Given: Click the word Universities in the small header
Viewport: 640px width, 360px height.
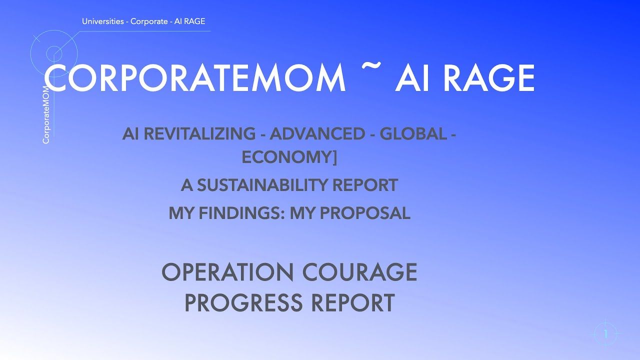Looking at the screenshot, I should tap(103, 21).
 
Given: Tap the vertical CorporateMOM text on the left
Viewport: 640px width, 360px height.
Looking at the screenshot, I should tap(46, 114).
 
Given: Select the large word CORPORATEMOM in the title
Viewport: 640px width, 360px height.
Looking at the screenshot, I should tap(195, 78).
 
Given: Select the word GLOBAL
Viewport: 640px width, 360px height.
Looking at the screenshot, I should tap(413, 134).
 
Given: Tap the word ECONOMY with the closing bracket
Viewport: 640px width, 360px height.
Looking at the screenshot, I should tap(289, 157).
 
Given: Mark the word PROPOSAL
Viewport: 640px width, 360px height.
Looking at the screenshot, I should tap(365, 213).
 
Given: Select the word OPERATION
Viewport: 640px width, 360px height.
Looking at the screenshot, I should tap(227, 272).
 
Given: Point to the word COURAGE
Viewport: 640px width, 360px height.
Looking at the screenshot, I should tap(360, 272).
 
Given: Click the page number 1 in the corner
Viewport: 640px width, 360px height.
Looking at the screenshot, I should tap(606, 333).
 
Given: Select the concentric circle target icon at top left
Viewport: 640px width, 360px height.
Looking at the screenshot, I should tap(54, 53).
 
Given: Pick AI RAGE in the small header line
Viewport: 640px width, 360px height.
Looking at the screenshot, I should tap(189, 21).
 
